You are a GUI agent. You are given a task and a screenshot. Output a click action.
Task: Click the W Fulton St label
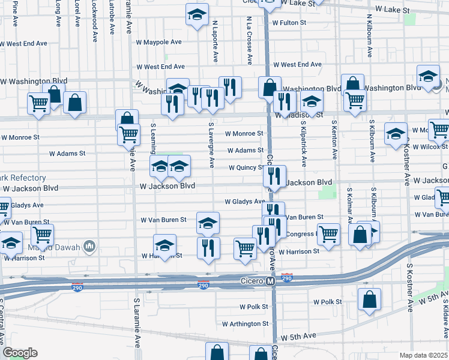click(289, 23)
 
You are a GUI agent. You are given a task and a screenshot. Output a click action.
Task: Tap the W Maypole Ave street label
click(158, 43)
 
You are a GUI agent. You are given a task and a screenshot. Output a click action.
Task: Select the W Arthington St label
click(244, 324)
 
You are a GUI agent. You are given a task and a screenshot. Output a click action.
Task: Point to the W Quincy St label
click(246, 168)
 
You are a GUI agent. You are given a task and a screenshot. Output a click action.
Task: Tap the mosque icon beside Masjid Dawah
click(89, 246)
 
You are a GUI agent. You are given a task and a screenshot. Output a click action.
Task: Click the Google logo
click(19, 353)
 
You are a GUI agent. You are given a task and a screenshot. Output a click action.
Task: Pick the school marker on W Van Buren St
click(208, 224)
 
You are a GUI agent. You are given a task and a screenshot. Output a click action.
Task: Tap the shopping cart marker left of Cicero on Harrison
click(245, 247)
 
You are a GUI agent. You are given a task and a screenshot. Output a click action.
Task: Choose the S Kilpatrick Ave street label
click(304, 144)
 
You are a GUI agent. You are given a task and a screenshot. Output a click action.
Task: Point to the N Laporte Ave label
click(214, 42)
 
